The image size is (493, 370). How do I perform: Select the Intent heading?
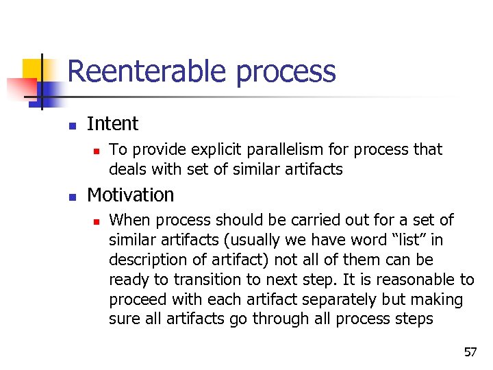pyautogui.click(x=112, y=124)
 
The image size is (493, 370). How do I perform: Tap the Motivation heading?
pyautogui.click(x=130, y=195)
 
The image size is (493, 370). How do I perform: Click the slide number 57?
pyautogui.click(x=470, y=353)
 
